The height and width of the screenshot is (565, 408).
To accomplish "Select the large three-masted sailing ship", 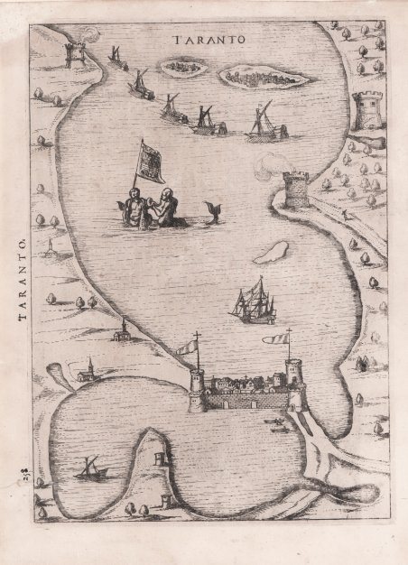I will click(251, 298).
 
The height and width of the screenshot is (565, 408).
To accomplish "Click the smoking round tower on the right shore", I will click(295, 189).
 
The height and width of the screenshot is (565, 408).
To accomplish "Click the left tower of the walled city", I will click(197, 390).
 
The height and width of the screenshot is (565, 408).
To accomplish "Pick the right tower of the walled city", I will click(294, 382).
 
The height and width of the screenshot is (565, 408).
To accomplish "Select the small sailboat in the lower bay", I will click(91, 468).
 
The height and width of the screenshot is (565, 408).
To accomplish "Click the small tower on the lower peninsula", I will click(160, 458).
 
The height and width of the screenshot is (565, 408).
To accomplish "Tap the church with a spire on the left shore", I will click(119, 330).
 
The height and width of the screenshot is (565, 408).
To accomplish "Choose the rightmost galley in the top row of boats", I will click(263, 125).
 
